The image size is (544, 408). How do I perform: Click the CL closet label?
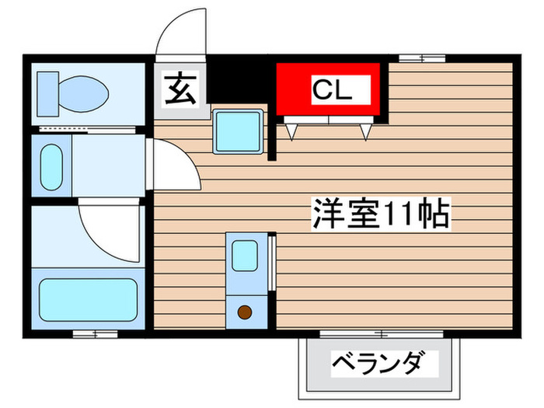point(332,90)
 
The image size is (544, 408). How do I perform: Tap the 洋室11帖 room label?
point(382,212)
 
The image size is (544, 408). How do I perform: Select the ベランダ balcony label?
point(379,364)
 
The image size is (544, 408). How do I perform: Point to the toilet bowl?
point(84,93)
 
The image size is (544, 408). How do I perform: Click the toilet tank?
point(47,92)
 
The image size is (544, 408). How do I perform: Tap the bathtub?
point(89,296)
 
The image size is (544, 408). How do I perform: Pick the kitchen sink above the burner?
point(245,255)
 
